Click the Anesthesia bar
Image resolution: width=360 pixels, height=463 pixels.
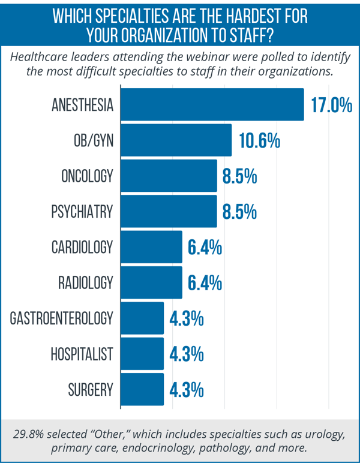click(x=212, y=105)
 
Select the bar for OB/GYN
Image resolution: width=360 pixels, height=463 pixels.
click(x=176, y=140)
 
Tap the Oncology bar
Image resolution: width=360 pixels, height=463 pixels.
click(x=169, y=176)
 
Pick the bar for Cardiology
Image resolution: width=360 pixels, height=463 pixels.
click(x=152, y=246)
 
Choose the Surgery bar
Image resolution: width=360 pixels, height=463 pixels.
click(x=143, y=389)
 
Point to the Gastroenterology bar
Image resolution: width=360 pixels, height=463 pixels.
click(x=143, y=318)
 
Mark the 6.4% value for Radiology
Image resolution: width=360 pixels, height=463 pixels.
click(x=205, y=282)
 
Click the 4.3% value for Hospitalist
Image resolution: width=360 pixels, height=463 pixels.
click(x=187, y=354)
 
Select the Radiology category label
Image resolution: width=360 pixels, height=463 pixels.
click(x=86, y=282)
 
